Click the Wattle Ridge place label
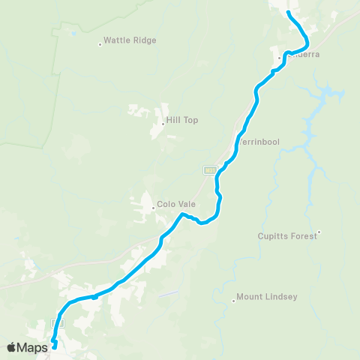(x=130, y=40)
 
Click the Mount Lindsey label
(x=267, y=297)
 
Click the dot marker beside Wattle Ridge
(x=100, y=44)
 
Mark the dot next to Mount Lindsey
(x=234, y=301)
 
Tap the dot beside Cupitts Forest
(x=319, y=232)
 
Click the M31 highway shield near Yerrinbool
(x=210, y=170)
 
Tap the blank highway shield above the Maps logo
(x=57, y=322)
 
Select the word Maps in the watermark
(x=33, y=346)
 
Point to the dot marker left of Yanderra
(x=280, y=57)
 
